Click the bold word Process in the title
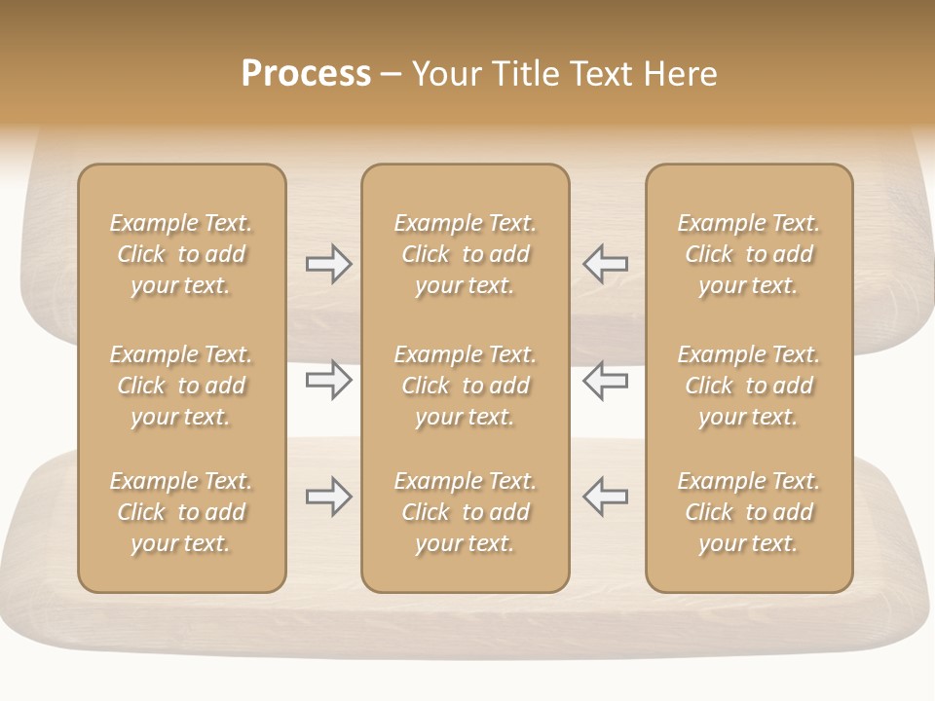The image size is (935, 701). pyautogui.click(x=306, y=74)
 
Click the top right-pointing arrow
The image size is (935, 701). pyautogui.click(x=328, y=264)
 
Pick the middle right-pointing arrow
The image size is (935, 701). pyautogui.click(x=328, y=379)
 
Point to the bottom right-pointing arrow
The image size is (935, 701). pyautogui.click(x=328, y=497)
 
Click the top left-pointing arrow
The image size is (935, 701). pyautogui.click(x=605, y=264)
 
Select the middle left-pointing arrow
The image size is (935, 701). pyautogui.click(x=605, y=379)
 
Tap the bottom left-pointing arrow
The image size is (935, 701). pyautogui.click(x=605, y=497)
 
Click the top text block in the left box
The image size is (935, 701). pyautogui.click(x=181, y=254)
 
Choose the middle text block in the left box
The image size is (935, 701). pyautogui.click(x=181, y=386)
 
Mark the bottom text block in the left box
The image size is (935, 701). pyautogui.click(x=181, y=512)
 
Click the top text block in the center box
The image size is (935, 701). pyautogui.click(x=465, y=254)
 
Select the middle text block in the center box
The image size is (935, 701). pyautogui.click(x=465, y=386)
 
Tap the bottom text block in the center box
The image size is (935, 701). pyautogui.click(x=465, y=512)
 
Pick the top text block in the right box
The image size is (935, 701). pyautogui.click(x=748, y=254)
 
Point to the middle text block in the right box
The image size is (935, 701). pyautogui.click(x=748, y=386)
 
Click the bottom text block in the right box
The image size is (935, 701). pyautogui.click(x=748, y=512)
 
